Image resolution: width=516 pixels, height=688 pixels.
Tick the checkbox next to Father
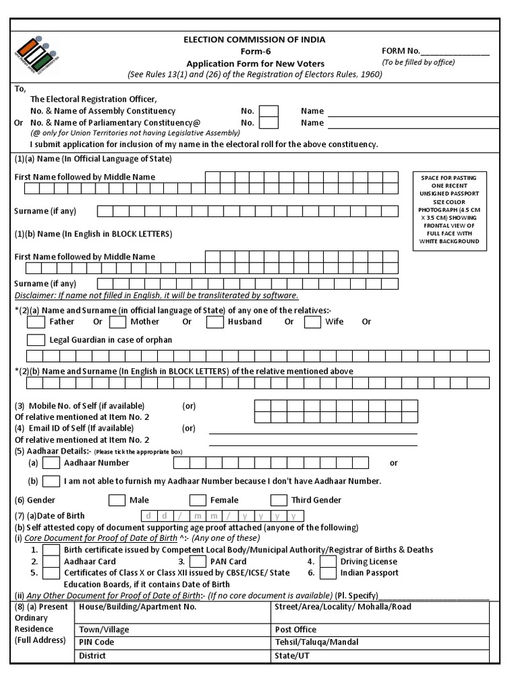point(36,322)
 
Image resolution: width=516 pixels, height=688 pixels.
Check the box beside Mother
point(118,322)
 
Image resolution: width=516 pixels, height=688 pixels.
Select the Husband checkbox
point(215,322)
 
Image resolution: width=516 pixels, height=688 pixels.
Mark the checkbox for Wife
point(312,322)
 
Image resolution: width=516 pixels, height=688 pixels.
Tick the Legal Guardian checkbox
point(36,340)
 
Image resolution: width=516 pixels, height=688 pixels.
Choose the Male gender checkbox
point(117,500)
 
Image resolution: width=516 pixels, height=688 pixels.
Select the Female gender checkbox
point(198,500)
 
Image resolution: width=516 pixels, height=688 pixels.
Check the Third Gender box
point(279,500)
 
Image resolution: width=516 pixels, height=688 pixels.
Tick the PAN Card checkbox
point(198,561)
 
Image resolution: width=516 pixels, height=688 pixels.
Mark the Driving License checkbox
point(328,561)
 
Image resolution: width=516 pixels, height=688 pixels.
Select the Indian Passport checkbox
point(328,573)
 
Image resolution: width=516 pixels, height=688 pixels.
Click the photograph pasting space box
point(449,210)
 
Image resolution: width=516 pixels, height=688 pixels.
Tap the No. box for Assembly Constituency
point(269,111)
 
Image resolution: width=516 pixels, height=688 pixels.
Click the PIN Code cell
point(171,642)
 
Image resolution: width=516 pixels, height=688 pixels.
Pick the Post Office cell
point(380,630)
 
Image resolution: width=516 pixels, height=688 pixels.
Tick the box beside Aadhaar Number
point(51,463)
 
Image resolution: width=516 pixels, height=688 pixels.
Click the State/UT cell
point(380,656)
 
